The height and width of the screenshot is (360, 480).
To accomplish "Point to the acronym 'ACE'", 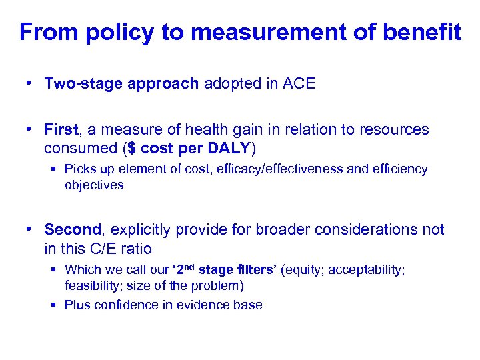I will (x=299, y=83).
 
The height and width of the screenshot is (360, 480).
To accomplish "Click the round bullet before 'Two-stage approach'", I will (x=27, y=83).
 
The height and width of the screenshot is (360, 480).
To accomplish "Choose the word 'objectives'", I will (x=94, y=185).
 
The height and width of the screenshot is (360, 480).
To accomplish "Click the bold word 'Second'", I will (x=72, y=230).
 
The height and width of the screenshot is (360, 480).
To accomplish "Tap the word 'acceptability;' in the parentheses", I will (x=366, y=270).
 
